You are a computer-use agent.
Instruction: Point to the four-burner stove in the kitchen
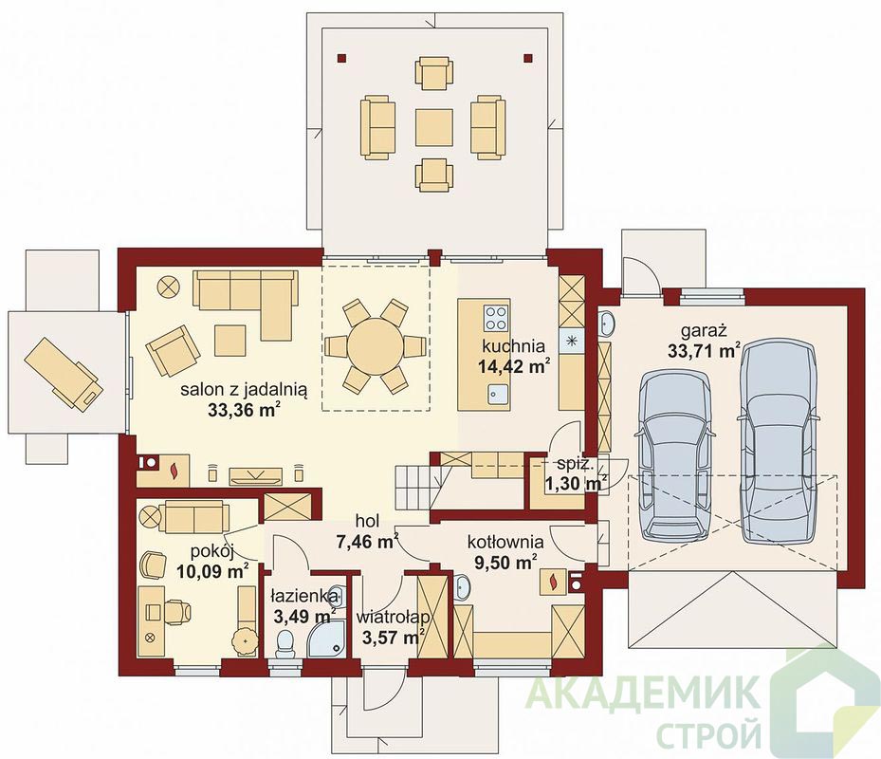point(496,318)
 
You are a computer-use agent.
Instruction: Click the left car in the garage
point(675,455)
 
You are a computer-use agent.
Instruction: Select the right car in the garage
point(778,440)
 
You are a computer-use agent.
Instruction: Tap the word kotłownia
point(505,542)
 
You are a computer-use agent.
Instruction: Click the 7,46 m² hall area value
point(367,542)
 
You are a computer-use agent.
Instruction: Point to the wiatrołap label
point(393,618)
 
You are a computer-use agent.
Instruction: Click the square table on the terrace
point(433,128)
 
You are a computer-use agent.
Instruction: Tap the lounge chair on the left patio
point(64,373)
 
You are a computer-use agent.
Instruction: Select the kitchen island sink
point(497,394)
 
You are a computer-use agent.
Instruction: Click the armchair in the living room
point(173,350)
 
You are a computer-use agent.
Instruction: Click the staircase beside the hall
point(418,487)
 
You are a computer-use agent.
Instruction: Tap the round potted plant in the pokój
point(245,641)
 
